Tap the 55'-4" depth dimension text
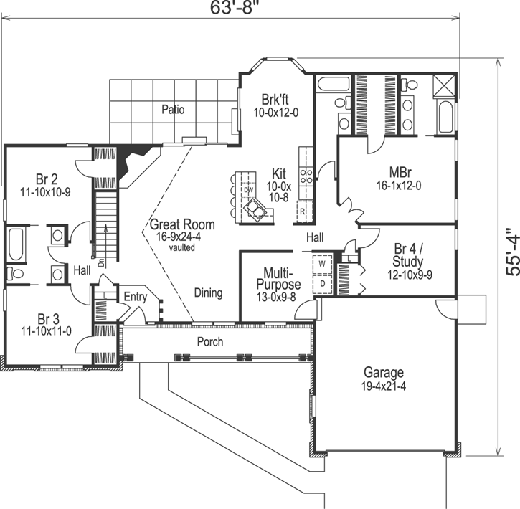(510, 252)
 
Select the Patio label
(172, 110)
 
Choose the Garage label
(383, 379)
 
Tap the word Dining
(208, 292)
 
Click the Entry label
(135, 297)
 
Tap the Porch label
(210, 341)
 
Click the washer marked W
(322, 264)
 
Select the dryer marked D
(322, 282)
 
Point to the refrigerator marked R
(303, 212)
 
